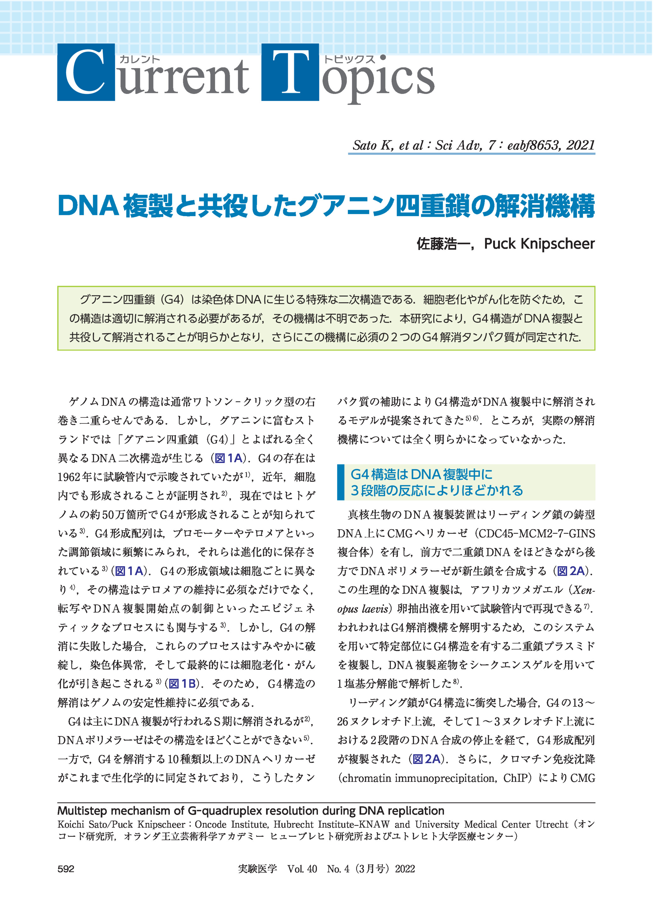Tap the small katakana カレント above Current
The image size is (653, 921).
(x=140, y=59)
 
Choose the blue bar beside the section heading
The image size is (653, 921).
(x=341, y=482)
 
